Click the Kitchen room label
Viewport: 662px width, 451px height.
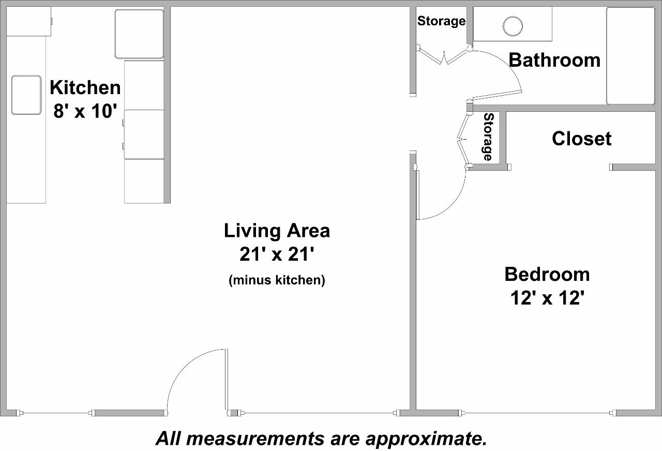[85, 87]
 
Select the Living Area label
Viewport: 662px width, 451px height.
[277, 231]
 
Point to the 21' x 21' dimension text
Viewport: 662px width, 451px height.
[277, 254]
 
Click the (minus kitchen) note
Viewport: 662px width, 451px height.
[277, 280]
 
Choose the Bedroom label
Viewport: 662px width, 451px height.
[547, 274]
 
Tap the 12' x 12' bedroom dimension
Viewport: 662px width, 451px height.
[547, 298]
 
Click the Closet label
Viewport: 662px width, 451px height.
[581, 139]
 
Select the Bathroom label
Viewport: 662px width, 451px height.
[554, 60]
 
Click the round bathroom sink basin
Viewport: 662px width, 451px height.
[513, 26]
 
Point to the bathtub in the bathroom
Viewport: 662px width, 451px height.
[630, 56]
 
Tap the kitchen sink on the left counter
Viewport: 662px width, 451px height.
[26, 95]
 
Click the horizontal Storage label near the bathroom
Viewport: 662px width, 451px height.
[441, 21]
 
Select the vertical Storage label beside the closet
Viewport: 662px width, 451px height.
[488, 137]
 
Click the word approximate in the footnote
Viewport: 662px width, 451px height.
[426, 439]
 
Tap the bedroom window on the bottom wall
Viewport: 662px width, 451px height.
[538, 413]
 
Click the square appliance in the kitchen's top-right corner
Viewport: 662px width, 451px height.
[139, 34]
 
